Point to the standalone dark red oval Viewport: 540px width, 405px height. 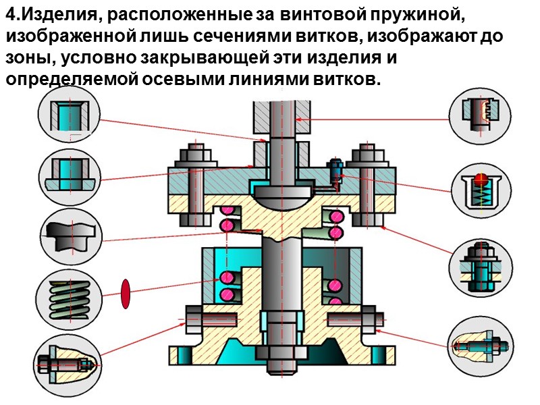125,295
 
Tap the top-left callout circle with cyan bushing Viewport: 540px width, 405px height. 70,116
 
